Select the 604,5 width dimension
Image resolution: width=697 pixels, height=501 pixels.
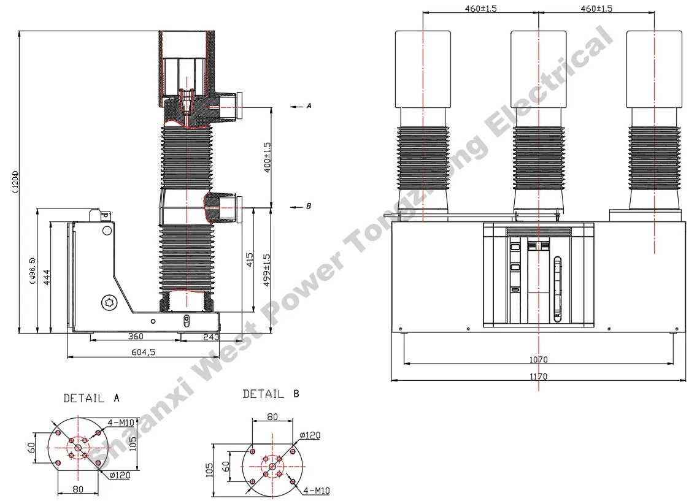pos(142,351)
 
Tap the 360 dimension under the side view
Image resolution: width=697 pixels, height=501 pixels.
pos(136,336)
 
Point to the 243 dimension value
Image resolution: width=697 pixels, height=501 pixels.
pos(210,336)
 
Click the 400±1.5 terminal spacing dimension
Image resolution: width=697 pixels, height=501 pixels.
pos(267,158)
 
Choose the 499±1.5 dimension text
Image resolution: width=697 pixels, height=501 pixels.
pos(267,270)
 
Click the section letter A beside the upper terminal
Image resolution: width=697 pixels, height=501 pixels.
pos(309,106)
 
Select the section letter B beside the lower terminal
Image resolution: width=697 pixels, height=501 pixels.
pos(309,206)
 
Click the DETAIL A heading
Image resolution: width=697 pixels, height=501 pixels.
pos(91,398)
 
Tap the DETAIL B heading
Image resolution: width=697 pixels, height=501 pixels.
pos(271,394)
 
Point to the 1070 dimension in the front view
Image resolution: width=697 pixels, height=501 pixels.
pos(538,359)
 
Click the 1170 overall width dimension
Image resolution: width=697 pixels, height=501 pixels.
pos(538,377)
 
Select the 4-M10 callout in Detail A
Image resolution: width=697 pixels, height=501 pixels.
pos(121,422)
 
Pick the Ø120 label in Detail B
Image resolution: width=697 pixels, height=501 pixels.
pos(310,435)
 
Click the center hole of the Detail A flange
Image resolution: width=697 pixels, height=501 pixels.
pos(78,448)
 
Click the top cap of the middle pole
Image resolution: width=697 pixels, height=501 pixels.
pos(538,67)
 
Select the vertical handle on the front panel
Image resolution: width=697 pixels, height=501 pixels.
pos(557,288)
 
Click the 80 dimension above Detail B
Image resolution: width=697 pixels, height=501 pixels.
pos(272,417)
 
